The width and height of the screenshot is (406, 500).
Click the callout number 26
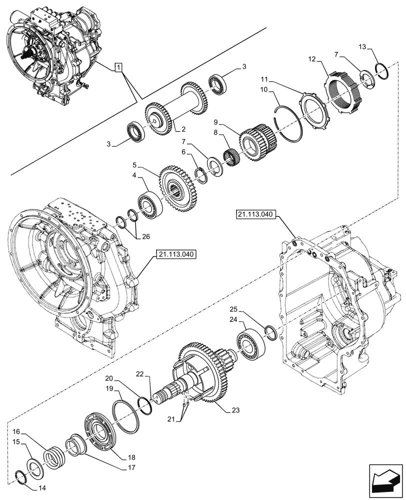click(x=144, y=236)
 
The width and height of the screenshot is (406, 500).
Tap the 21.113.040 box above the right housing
click(x=254, y=214)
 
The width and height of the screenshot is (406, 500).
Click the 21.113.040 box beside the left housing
click(x=175, y=254)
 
